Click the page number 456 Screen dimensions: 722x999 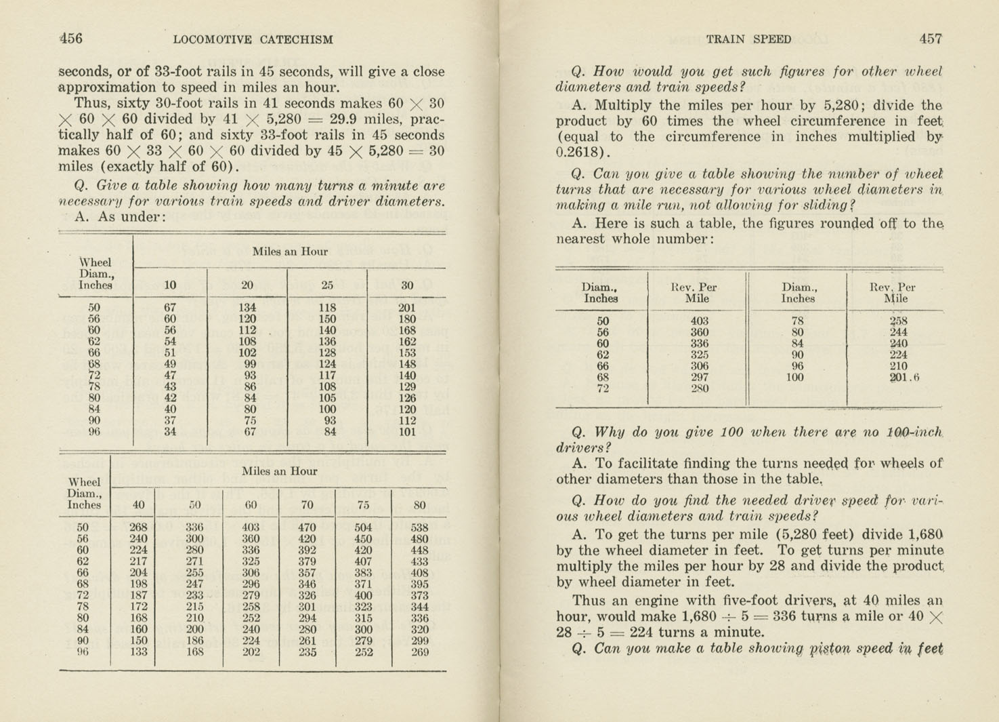point(71,39)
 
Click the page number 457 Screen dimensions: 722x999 point(930,39)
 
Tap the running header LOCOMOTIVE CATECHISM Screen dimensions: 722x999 point(253,39)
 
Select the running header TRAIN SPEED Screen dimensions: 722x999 point(748,39)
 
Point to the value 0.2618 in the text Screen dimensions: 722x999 point(581,153)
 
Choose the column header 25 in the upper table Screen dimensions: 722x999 point(327,285)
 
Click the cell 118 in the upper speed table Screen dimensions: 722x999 point(327,308)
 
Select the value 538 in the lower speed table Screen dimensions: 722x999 point(419,527)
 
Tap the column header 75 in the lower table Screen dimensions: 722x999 point(363,504)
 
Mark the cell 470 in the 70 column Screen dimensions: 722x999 point(307,527)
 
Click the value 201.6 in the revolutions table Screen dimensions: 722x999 point(904,378)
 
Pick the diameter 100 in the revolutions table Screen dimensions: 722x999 point(795,378)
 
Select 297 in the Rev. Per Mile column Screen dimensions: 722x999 point(699,378)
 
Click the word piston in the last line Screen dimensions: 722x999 point(830,649)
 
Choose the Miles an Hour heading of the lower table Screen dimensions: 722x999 point(279,471)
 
